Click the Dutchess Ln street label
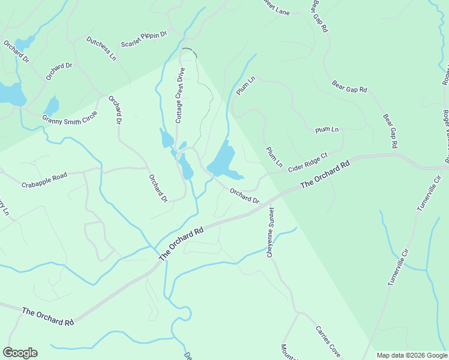pyautogui.click(x=101, y=49)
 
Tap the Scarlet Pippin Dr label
pyautogui.click(x=143, y=40)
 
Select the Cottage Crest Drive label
pyautogui.click(x=179, y=95)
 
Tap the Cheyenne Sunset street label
pyautogui.click(x=271, y=232)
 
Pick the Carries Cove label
pyautogui.click(x=328, y=340)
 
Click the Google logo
pyautogui.click(x=20, y=353)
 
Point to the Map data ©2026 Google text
pyautogui.click(x=412, y=355)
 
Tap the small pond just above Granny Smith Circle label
pyautogui.click(x=52, y=105)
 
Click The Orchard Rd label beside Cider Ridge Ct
pyautogui.click(x=325, y=175)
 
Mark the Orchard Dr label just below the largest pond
pyautogui.click(x=244, y=196)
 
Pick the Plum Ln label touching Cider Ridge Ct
pyautogui.click(x=274, y=157)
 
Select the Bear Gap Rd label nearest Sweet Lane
pyautogui.click(x=320, y=16)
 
